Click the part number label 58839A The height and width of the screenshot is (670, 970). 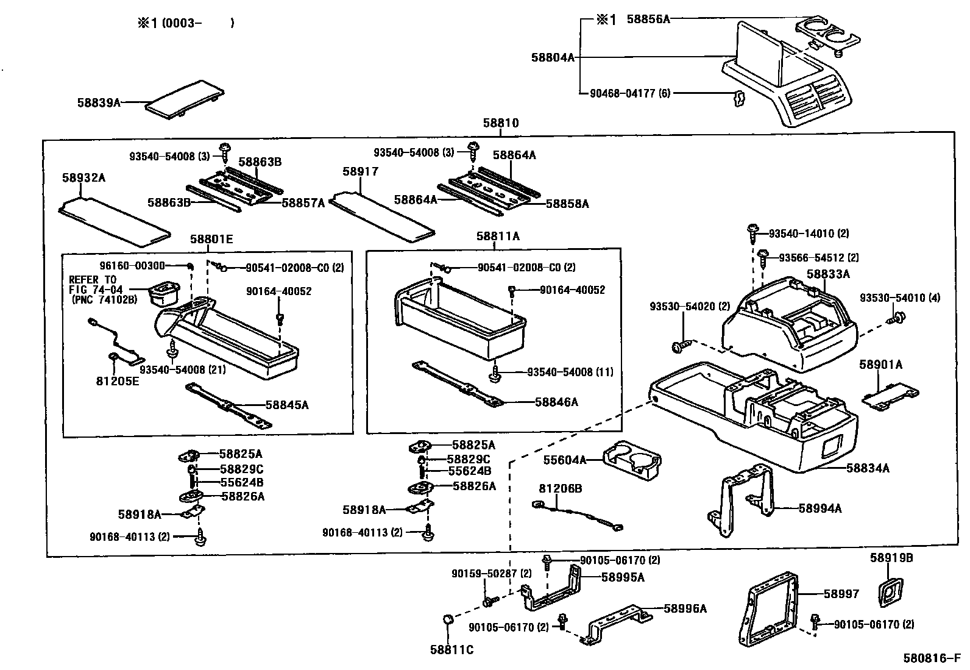click(x=98, y=102)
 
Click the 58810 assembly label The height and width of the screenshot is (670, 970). click(x=500, y=123)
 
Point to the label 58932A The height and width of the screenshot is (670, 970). click(x=83, y=177)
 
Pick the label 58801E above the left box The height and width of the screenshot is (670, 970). click(x=211, y=239)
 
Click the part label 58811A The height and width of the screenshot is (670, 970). click(x=498, y=236)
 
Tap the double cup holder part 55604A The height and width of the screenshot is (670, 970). click(x=632, y=460)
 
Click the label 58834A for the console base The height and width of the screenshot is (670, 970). click(x=868, y=468)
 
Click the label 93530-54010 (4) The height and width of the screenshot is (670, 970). click(x=899, y=298)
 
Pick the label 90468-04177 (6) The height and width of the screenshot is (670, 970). click(x=630, y=93)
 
